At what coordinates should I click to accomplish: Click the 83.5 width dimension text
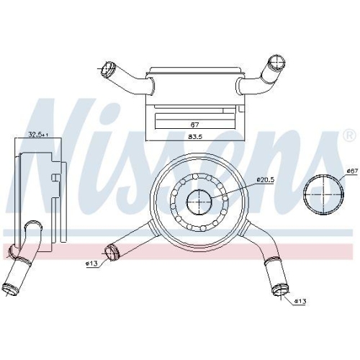tap(196, 137)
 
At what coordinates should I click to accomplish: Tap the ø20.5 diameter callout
tap(265, 179)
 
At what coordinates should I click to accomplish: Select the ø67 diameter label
tap(352, 171)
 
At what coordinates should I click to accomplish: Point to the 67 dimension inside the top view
tap(195, 125)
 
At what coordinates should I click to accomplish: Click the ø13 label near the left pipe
tap(91, 264)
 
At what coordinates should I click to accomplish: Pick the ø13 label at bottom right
tap(300, 301)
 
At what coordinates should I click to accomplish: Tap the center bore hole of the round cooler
tap(199, 202)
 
